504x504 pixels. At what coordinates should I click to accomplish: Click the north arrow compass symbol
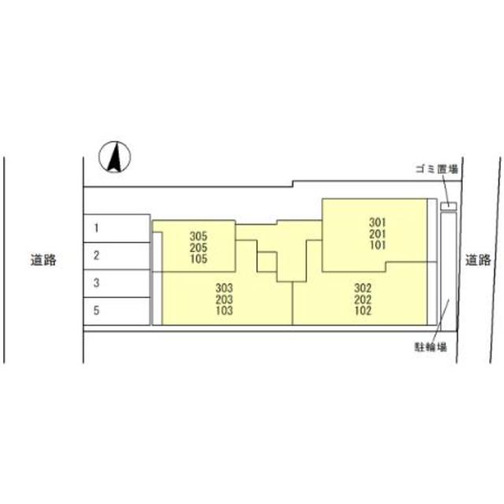pos(115,157)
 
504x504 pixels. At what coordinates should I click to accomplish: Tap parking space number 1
pos(117,228)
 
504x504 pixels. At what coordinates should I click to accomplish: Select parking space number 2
pos(117,256)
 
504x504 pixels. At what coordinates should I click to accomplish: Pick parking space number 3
pos(117,283)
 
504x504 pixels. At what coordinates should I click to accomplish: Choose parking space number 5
pos(117,311)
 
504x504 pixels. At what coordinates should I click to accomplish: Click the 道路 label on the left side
pos(43,260)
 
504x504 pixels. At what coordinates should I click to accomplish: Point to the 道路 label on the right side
pos(478,260)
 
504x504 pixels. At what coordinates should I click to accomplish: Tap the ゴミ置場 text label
pos(437,169)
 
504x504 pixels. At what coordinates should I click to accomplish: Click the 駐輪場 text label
pos(431,347)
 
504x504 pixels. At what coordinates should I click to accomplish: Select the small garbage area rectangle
pos(448,206)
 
